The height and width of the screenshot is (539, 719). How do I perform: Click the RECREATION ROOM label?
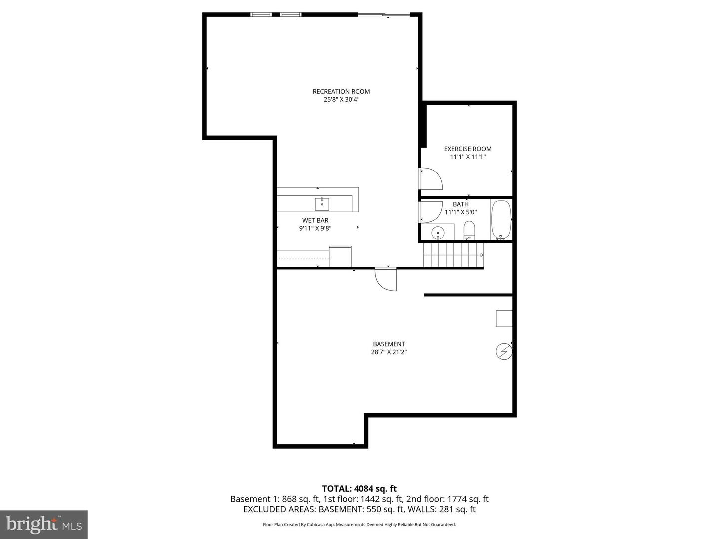coord(341,91)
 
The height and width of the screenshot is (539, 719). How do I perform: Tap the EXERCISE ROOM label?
coord(468,149)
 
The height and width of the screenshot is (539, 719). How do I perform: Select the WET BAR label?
coord(315,220)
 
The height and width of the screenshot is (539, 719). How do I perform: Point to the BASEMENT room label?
coord(389,344)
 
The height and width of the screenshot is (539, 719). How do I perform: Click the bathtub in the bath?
coord(501,220)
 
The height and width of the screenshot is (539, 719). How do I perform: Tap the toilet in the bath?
coord(469,231)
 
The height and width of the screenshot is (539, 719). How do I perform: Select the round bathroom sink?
coord(438,232)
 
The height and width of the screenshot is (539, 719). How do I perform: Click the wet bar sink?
coord(322,204)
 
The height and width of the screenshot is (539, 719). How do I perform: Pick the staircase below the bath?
coord(452,255)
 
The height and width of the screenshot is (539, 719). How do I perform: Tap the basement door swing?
coord(386,279)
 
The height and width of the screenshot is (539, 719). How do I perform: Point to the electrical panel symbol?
coord(504,351)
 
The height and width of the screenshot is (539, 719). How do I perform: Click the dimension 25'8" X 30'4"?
coord(341,100)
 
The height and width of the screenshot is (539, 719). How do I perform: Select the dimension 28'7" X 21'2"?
coord(389,352)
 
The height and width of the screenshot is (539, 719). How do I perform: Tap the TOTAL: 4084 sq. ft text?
coord(359,489)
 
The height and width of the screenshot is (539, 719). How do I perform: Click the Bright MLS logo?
coord(43,524)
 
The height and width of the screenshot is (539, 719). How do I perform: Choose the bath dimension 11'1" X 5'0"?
coord(461,212)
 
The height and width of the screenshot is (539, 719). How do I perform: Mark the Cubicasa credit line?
coord(359,525)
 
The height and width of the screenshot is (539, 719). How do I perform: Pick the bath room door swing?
coord(431,211)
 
